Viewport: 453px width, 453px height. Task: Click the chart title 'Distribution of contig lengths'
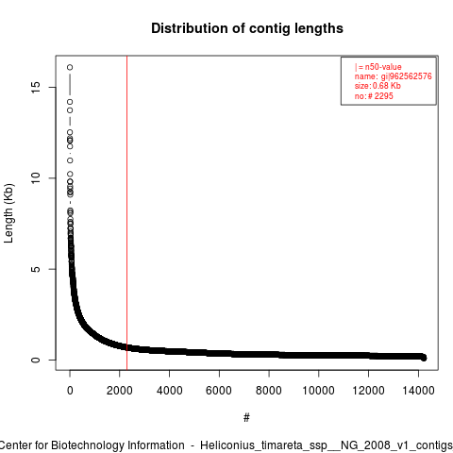pyautogui.click(x=247, y=28)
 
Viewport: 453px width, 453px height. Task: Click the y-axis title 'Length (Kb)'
pyautogui.click(x=8, y=213)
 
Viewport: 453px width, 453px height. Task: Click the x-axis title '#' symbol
pyautogui.click(x=246, y=418)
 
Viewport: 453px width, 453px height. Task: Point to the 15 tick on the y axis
pyautogui.click(x=36, y=87)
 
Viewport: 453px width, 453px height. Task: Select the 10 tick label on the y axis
pyautogui.click(x=36, y=178)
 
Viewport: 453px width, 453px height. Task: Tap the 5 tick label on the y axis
pyautogui.click(x=36, y=269)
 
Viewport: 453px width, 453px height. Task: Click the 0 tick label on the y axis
pyautogui.click(x=36, y=360)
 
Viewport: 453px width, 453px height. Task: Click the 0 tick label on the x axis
pyautogui.click(x=70, y=391)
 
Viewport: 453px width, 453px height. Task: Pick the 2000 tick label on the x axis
pyautogui.click(x=120, y=391)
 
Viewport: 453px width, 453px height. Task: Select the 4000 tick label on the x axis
pyautogui.click(x=169, y=391)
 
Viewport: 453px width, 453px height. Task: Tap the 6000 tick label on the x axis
pyautogui.click(x=219, y=391)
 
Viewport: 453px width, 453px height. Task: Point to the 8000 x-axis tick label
pyautogui.click(x=269, y=391)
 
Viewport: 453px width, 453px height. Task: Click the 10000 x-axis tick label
pyautogui.click(x=318, y=391)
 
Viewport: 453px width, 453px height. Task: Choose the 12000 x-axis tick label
pyautogui.click(x=368, y=391)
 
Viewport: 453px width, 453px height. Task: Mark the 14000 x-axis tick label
pyautogui.click(x=418, y=391)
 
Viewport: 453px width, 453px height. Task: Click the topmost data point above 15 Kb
pyautogui.click(x=70, y=67)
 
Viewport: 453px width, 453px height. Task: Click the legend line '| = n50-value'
pyautogui.click(x=378, y=67)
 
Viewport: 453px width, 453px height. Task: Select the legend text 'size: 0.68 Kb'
pyautogui.click(x=377, y=86)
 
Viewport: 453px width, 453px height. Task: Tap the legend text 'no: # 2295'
pyautogui.click(x=374, y=95)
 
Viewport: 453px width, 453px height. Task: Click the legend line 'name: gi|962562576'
pyautogui.click(x=394, y=76)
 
